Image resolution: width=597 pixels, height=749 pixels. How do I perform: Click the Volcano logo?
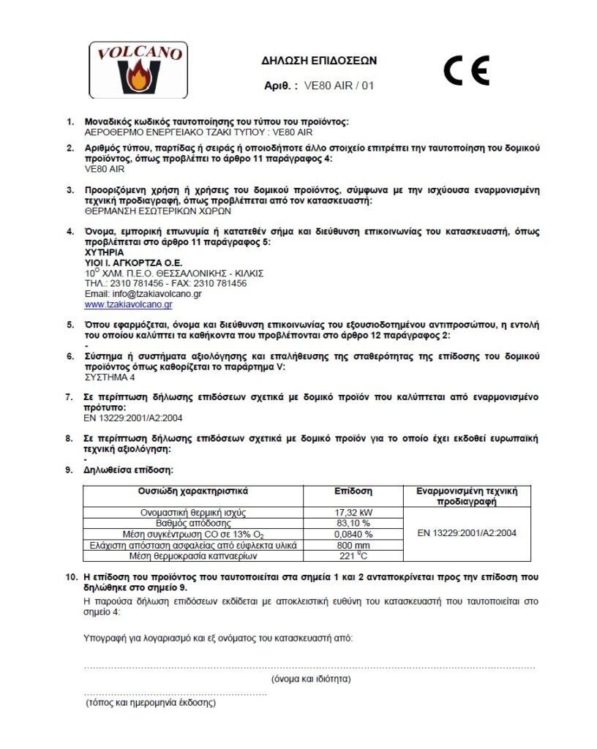point(138,71)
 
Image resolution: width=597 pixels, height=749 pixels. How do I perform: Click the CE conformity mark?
point(466,71)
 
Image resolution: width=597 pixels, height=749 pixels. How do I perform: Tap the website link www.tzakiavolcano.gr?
point(128,304)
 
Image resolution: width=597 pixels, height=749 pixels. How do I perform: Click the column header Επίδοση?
point(353,492)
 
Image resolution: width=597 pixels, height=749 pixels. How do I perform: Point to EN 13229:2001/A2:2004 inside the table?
point(467,533)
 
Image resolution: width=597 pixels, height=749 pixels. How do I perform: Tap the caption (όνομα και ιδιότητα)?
point(310,679)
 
